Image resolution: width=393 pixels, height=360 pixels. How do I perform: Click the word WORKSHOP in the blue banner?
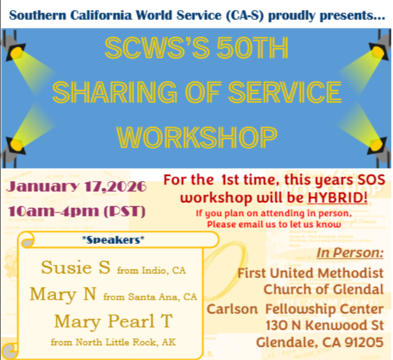click(x=196, y=136)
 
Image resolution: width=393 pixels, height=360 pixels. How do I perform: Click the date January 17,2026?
click(x=77, y=187)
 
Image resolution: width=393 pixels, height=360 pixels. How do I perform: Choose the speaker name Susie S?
click(x=76, y=268)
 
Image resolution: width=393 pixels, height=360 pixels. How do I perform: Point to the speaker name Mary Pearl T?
click(x=113, y=321)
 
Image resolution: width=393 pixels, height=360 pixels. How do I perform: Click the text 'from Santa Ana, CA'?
click(x=150, y=297)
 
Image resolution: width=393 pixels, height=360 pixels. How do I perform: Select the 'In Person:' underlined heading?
click(x=350, y=253)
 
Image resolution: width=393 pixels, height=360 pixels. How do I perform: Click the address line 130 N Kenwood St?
click(x=324, y=326)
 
